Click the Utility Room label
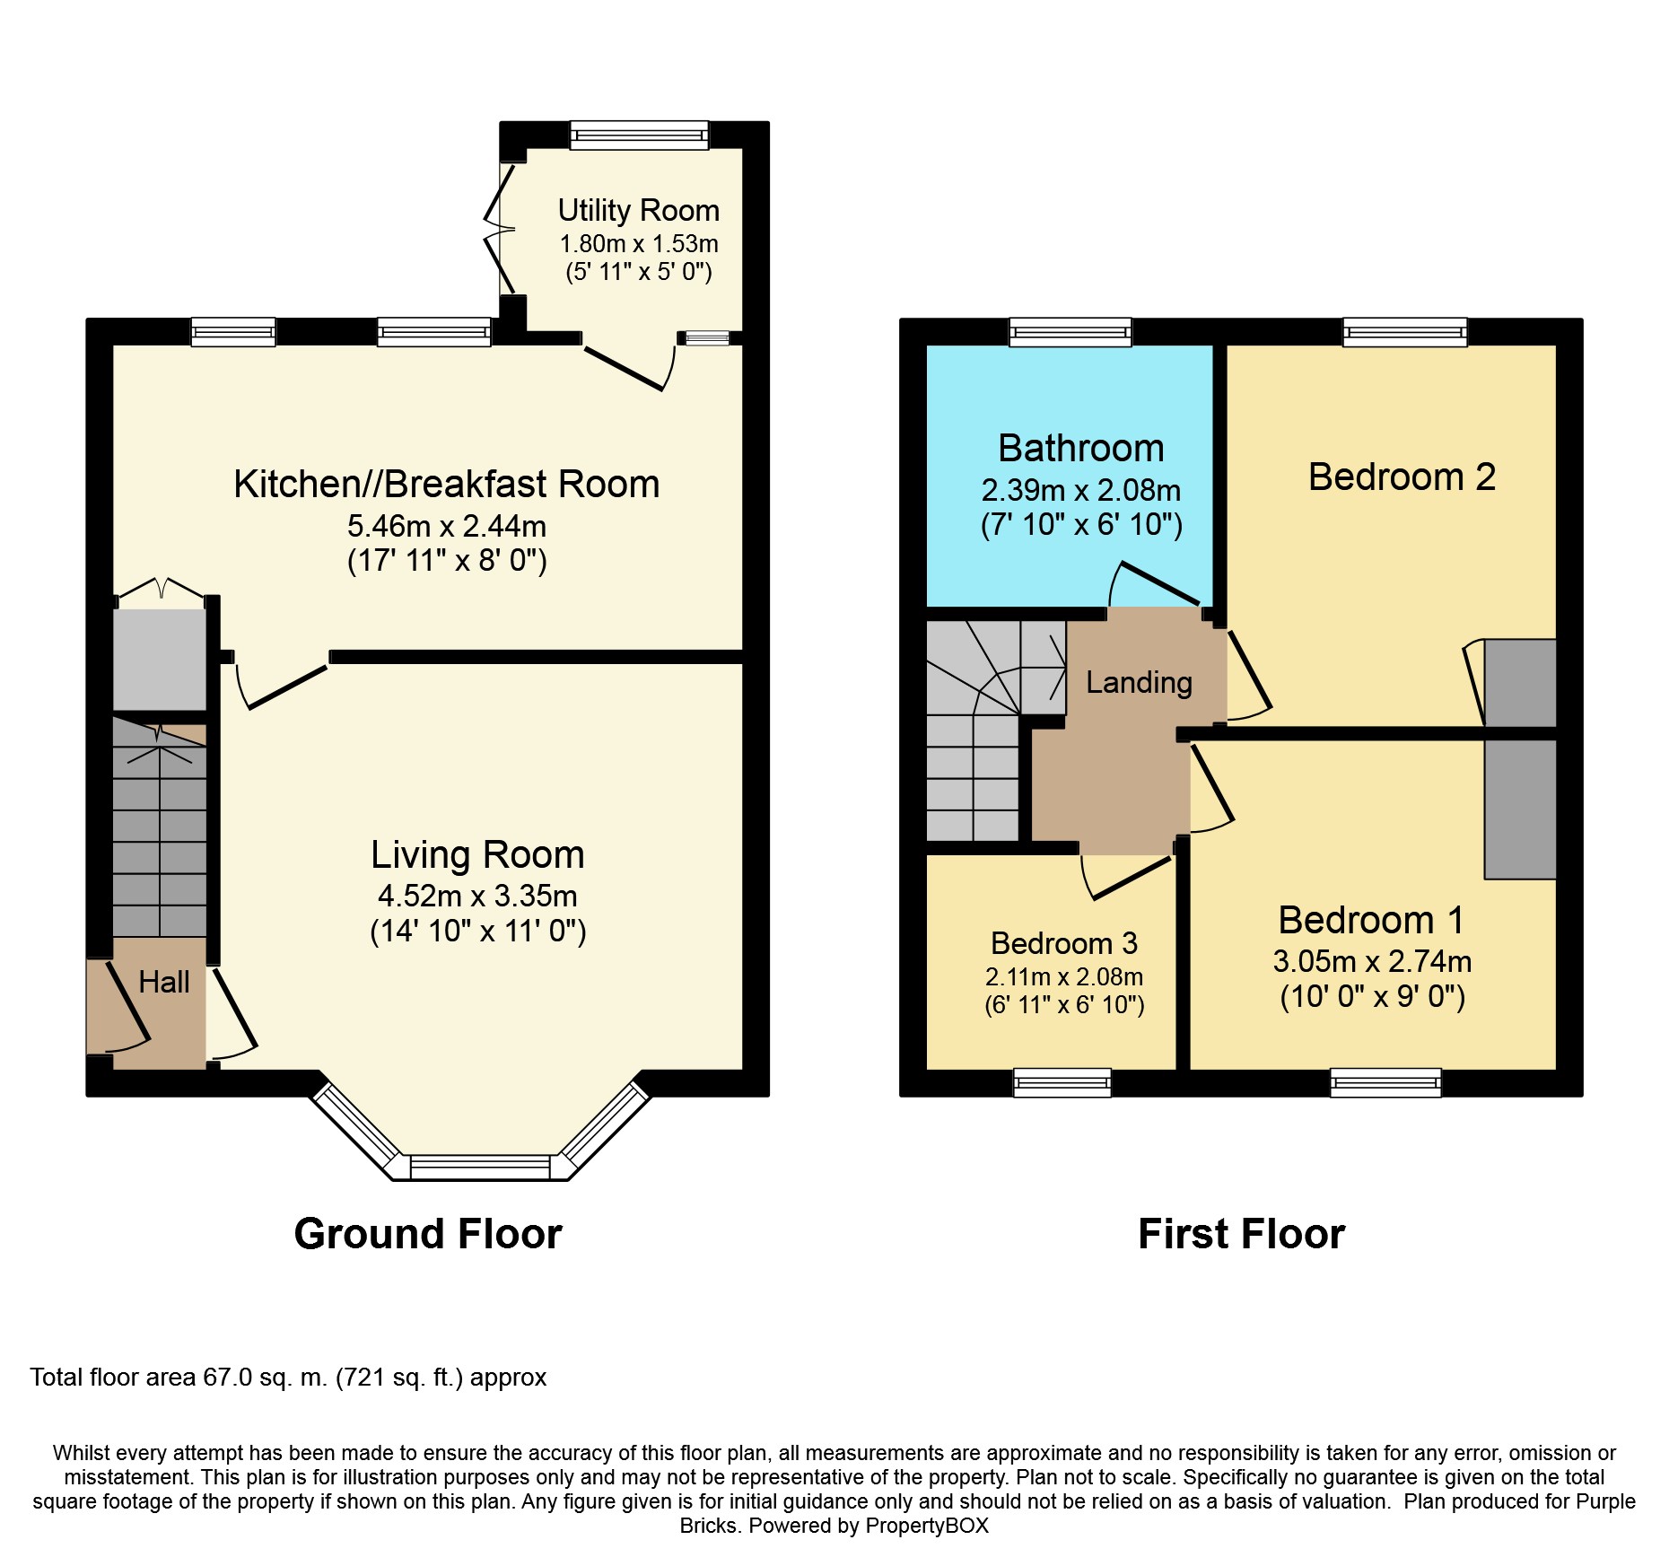point(639,211)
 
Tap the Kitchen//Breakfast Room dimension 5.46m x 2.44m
point(447,526)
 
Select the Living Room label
point(477,855)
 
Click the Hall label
point(164,982)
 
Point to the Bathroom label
point(1081,448)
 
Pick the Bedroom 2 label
point(1402,477)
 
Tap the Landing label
point(1139,683)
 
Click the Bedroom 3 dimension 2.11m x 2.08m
point(1064,976)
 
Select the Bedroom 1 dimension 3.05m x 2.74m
point(1372,962)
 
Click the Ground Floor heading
point(428,1234)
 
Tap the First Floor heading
point(1242,1234)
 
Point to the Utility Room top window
point(639,136)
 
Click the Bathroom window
point(1070,332)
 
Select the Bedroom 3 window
point(1062,1083)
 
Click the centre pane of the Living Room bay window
point(480,1168)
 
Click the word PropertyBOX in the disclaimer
point(927,1526)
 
